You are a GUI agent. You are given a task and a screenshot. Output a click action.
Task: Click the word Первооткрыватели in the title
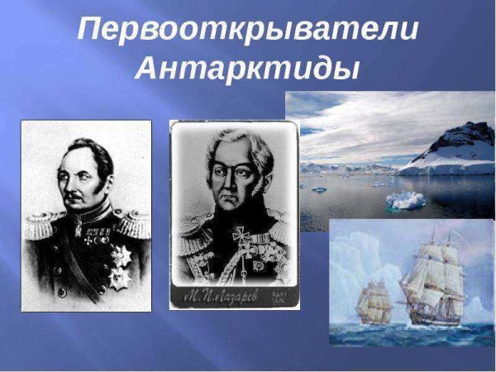(247, 31)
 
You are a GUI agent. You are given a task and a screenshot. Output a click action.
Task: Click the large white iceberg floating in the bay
(405, 199)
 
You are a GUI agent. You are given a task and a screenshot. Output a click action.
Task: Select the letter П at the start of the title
(88, 31)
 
